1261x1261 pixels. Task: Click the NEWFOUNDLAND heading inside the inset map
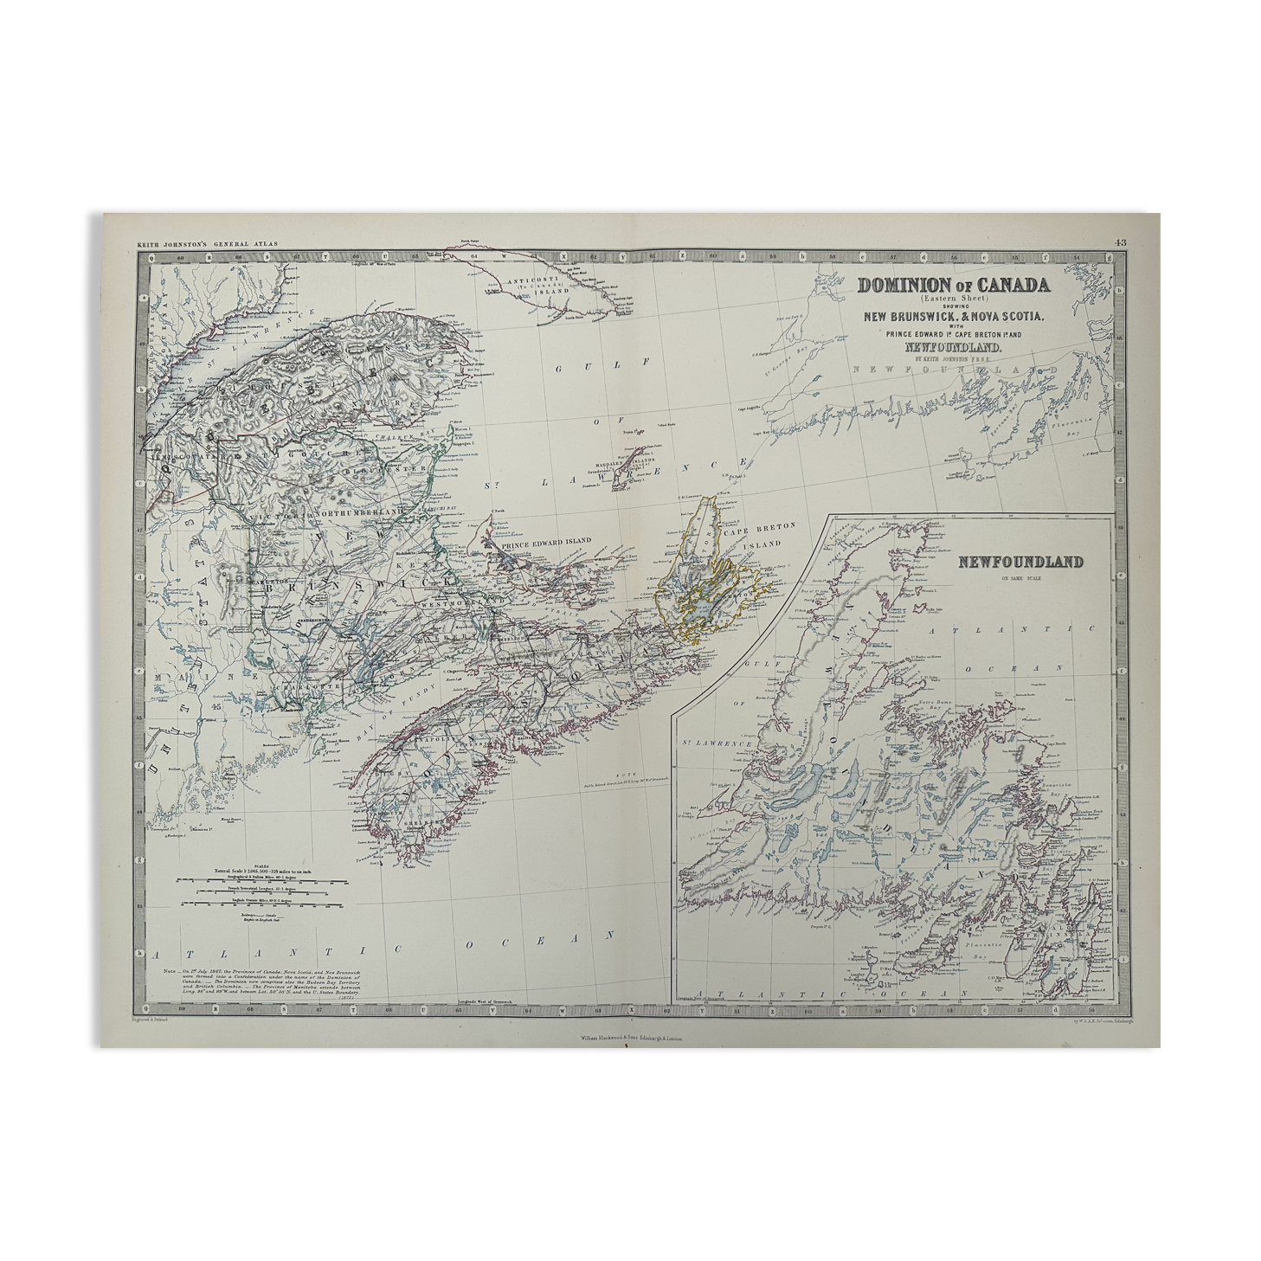click(x=1020, y=562)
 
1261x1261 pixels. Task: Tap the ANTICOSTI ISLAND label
click(x=544, y=286)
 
